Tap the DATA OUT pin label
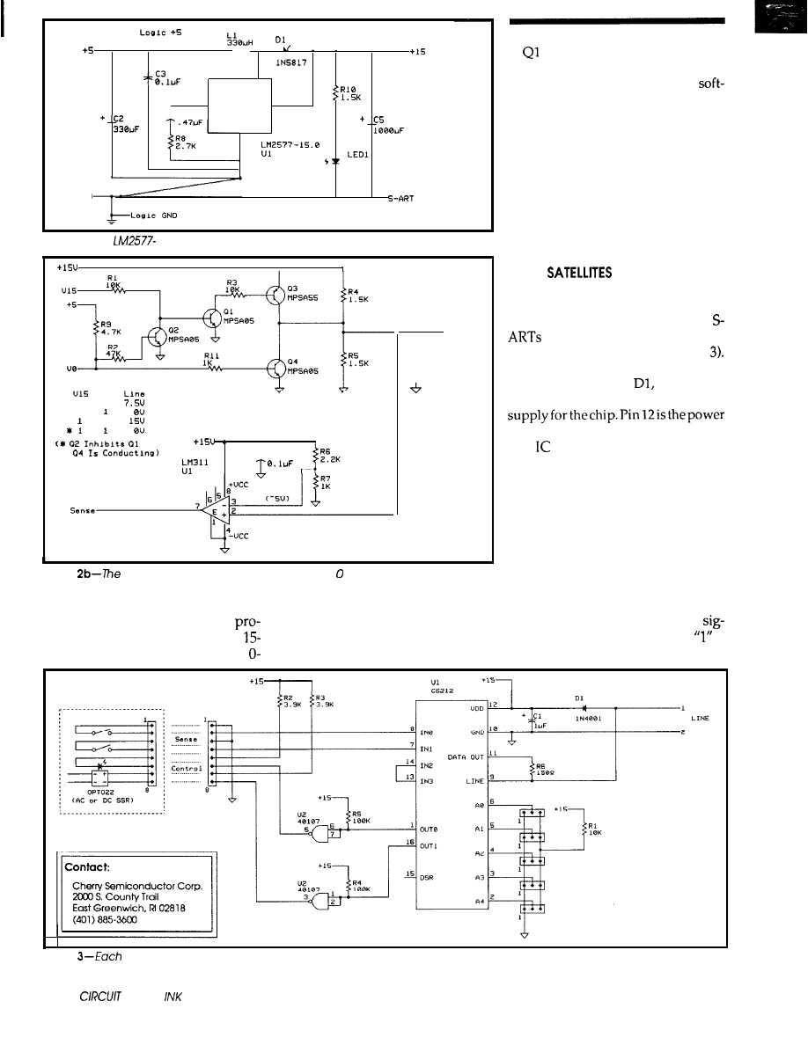(469, 756)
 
